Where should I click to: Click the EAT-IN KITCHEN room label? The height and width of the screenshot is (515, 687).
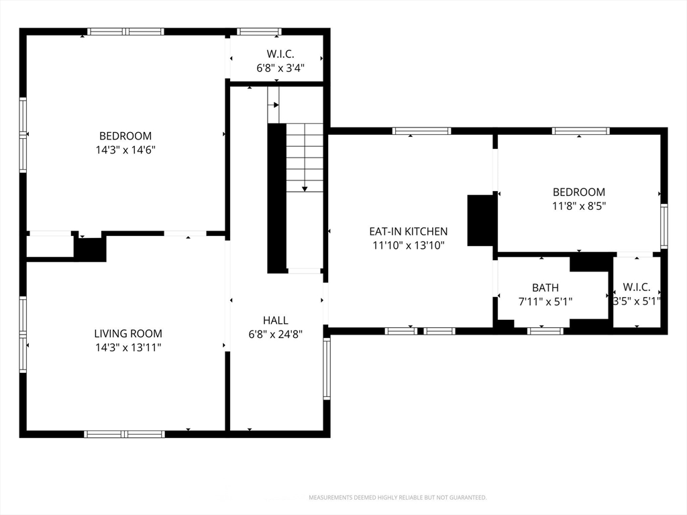tap(408, 231)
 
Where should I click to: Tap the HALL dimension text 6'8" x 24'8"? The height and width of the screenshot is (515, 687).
tap(276, 334)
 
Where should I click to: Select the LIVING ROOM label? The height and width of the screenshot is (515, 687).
tap(127, 333)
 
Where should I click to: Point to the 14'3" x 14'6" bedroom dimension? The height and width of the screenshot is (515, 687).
tap(125, 150)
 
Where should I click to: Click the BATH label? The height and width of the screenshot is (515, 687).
tap(545, 288)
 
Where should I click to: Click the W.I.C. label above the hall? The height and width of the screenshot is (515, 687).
tap(280, 54)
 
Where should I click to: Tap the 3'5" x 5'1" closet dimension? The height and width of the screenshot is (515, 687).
tap(636, 301)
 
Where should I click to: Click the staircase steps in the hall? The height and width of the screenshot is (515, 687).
tap(305, 158)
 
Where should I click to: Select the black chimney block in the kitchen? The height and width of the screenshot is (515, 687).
tap(481, 220)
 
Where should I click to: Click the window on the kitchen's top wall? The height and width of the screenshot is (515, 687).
tap(421, 131)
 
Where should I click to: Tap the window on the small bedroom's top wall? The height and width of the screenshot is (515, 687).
tap(580, 131)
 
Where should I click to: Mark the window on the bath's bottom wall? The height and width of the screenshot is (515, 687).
tap(545, 331)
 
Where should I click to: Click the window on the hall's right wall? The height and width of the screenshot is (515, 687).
tap(327, 369)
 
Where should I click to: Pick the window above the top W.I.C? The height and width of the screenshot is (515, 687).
tap(259, 32)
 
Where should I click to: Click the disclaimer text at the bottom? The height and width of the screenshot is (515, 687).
tap(397, 498)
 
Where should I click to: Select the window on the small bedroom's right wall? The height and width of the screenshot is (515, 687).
tap(664, 227)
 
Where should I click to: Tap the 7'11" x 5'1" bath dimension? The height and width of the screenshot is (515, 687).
tap(545, 302)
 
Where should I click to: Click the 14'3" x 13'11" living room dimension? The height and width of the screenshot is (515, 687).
tap(127, 347)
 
